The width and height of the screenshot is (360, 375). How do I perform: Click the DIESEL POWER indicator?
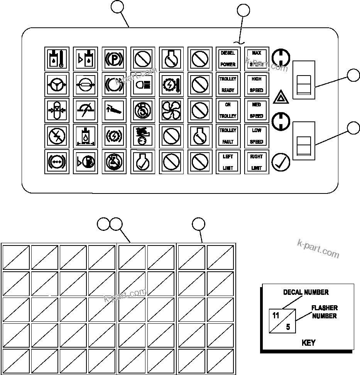click(x=228, y=59)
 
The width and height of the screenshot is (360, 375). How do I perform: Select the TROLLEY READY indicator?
click(x=228, y=84)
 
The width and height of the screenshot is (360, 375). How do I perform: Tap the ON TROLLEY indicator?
click(x=228, y=110)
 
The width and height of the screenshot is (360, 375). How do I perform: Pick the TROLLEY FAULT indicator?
click(x=228, y=136)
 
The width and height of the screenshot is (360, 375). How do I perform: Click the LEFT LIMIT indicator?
click(x=228, y=162)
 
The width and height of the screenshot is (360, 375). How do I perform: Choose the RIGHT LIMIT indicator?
click(x=257, y=162)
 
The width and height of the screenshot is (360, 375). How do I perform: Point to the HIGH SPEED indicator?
click(x=257, y=84)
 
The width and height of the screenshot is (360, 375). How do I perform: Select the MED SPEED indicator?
click(x=257, y=110)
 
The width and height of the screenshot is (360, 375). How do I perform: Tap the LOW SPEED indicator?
click(x=257, y=136)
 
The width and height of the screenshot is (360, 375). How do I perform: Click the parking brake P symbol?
click(x=114, y=59)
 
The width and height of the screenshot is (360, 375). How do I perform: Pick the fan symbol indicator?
click(x=171, y=110)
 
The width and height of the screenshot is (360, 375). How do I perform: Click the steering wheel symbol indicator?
click(x=57, y=84)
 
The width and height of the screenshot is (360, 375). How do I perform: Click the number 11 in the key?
click(x=275, y=316)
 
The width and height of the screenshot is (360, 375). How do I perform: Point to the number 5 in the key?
click(x=288, y=327)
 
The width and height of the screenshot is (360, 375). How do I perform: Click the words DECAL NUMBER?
click(x=306, y=292)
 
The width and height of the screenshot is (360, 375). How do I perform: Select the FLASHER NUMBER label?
click(x=325, y=312)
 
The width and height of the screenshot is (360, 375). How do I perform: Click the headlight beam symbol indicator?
click(x=142, y=84)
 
